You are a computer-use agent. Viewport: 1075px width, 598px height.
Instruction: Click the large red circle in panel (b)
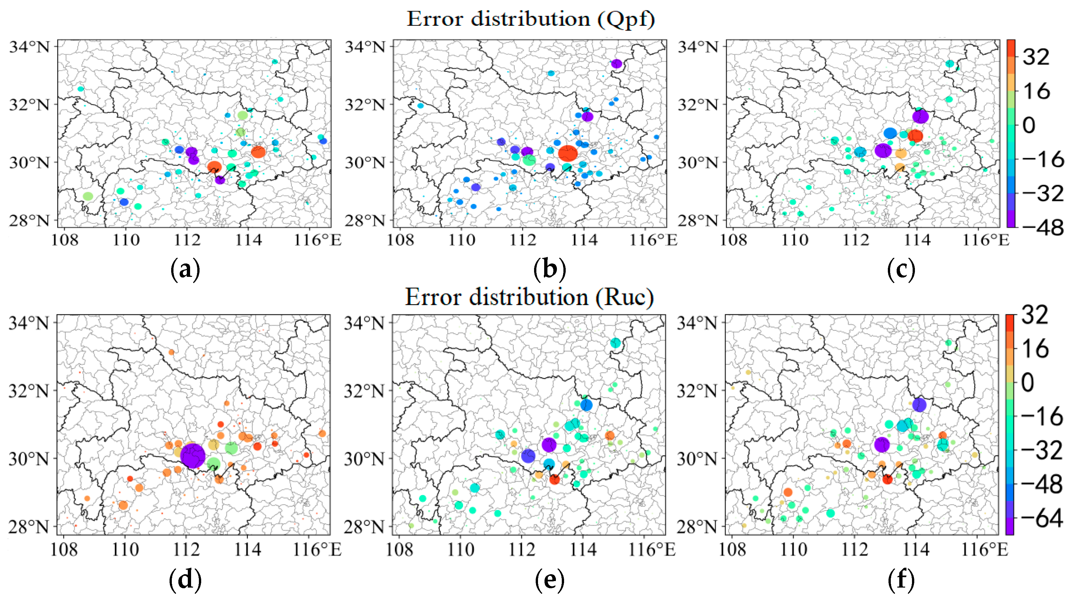(568, 153)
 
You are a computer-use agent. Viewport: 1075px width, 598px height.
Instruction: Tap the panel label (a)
(185, 269)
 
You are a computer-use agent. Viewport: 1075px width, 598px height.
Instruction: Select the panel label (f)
(901, 580)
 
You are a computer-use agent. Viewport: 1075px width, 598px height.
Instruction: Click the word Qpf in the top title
(626, 19)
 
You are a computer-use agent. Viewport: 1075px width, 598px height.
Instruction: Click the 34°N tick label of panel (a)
(29, 47)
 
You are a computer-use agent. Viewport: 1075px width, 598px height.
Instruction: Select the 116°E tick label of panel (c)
(985, 240)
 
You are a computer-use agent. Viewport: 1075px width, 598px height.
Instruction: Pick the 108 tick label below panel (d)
(64, 549)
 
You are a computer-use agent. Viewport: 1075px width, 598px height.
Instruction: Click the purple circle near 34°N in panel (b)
(616, 64)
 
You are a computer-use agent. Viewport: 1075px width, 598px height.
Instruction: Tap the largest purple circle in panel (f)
(881, 445)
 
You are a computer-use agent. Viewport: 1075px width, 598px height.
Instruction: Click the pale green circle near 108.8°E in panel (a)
(88, 196)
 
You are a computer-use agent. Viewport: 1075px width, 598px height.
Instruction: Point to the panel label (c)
(901, 269)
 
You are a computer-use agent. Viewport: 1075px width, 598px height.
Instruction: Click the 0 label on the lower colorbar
(1028, 382)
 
